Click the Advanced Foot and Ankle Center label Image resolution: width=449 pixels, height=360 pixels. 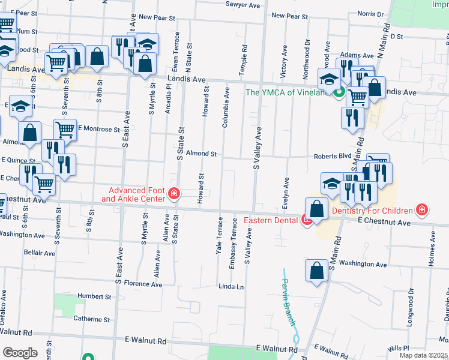pos(133,194)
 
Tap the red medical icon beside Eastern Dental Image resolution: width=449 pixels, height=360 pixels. pos(307,220)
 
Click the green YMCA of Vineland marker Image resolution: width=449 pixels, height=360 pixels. pos(339,92)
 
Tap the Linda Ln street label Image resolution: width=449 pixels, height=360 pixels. pos(231,286)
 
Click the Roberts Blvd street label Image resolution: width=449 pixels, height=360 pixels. pos(332,156)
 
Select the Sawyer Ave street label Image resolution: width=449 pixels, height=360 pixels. pos(243,5)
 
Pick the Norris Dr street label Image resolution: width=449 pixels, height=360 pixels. pos(370,14)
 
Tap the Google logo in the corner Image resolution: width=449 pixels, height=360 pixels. pos(20,353)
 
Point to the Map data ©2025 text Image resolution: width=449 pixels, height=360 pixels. pos(423,355)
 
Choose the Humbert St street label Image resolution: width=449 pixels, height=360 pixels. pos(94,296)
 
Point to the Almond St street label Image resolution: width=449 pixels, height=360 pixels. pos(201,154)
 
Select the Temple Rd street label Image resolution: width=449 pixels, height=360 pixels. pos(244,59)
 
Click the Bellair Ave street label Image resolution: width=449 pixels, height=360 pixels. pos(40,253)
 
